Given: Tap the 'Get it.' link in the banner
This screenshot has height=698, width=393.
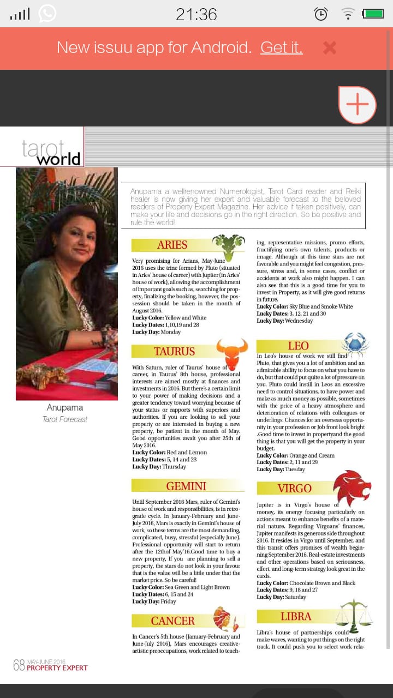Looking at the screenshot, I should coord(281,48).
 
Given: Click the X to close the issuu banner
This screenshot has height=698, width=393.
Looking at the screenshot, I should coord(330,48).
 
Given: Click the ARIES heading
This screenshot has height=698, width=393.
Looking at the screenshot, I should coord(172,245).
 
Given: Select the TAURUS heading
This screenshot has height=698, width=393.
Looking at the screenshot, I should coord(174,351).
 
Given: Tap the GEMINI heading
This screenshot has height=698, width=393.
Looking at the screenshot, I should coord(186,486).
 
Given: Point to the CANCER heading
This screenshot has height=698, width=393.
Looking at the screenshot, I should coord(172,621).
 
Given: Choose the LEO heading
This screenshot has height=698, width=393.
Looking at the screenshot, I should coord(298,346).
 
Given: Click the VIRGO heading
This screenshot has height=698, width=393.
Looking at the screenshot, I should coord(294,488).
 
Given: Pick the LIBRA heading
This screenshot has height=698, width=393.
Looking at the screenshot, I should coord(296,617).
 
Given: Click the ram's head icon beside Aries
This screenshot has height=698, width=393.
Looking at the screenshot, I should coord(228,246).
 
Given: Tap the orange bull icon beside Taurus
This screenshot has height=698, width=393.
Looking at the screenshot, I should coord(231,352).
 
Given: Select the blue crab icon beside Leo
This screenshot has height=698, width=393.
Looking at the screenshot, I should coord(355,345).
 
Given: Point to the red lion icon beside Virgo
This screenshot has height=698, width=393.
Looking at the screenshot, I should coord(352,487).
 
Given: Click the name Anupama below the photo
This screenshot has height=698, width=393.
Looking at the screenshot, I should coord(65,408).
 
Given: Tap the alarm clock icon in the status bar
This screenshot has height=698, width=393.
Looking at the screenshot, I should coord(321,14).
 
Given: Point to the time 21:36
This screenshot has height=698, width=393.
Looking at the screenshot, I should coord(196,14).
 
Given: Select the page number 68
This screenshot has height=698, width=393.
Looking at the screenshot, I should coord(19,665).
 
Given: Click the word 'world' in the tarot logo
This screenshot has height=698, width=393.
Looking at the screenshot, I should coord(58,159).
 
